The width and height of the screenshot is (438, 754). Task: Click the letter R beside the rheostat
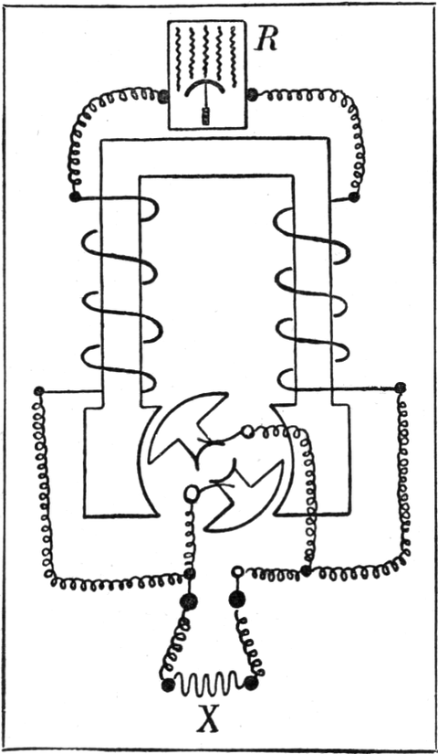pos(266,41)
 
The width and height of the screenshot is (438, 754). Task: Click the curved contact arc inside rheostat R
pos(205,88)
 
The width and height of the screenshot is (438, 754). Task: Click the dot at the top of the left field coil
pos(75,196)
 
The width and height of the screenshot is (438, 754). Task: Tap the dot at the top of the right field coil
pos(353,197)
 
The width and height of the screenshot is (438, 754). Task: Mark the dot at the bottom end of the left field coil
pos(39,391)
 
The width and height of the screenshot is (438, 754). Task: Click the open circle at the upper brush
pos(248,430)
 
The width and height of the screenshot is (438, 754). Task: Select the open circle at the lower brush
pos(191,493)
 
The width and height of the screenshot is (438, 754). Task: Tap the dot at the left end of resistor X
pos(168,685)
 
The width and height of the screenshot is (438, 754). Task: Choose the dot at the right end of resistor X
pos(250,683)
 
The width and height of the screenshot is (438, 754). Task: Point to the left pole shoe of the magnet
pos(120,462)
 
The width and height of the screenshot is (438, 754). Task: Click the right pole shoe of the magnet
pos(312,462)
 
